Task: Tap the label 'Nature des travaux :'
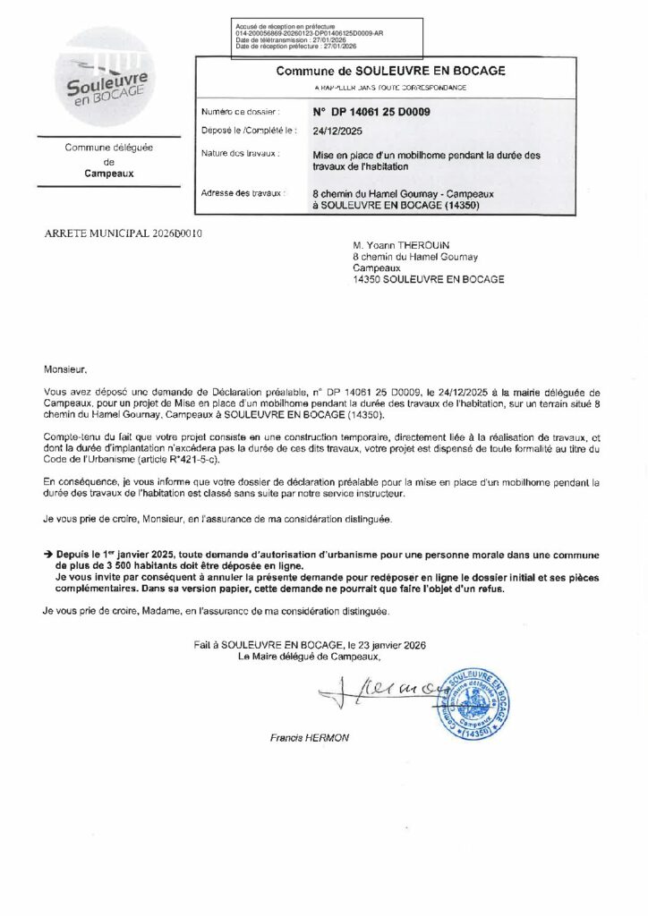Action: point(241,154)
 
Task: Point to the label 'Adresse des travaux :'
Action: point(243,193)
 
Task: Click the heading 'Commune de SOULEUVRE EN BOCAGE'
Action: point(390,71)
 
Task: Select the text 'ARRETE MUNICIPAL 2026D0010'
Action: point(124,233)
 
